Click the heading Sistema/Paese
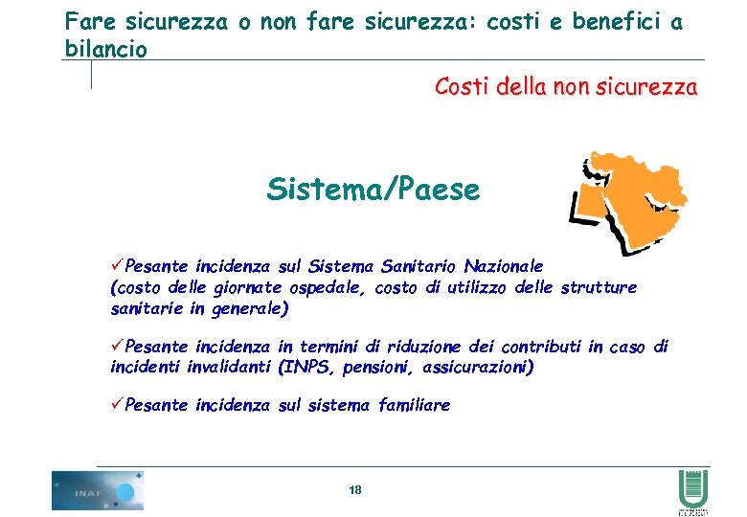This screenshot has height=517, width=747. (x=373, y=190)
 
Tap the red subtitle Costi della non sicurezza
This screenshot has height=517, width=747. (x=566, y=87)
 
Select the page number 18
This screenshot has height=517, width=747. (x=355, y=490)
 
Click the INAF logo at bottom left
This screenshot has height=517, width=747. (x=97, y=490)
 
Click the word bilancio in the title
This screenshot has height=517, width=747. (x=106, y=49)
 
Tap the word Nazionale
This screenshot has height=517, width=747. (x=504, y=265)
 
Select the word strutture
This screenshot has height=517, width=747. (x=599, y=287)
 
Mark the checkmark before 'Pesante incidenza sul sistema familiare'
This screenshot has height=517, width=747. (x=118, y=404)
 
